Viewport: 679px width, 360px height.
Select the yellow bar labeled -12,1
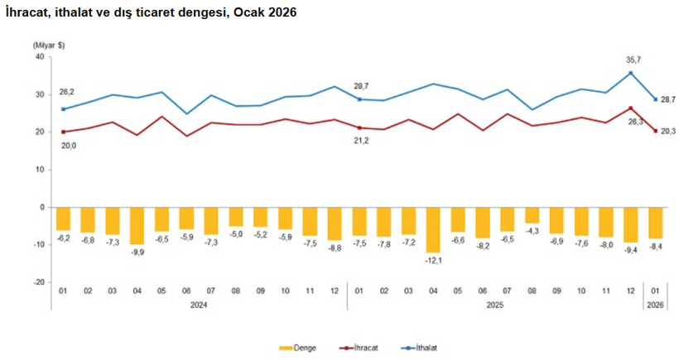[433, 229]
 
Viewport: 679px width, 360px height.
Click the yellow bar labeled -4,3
[532, 215]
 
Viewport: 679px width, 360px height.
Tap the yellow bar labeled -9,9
[137, 225]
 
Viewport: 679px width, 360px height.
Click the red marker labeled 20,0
[63, 132]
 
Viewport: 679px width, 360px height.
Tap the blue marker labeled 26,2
[63, 108]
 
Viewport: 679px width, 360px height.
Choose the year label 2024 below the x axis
[199, 305]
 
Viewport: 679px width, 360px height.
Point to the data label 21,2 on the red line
[361, 140]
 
